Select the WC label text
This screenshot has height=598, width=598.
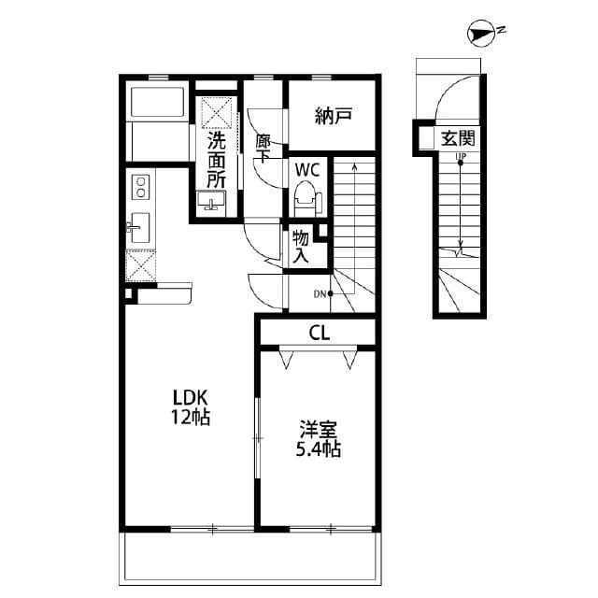(x=308, y=170)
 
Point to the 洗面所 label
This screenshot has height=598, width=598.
(x=217, y=159)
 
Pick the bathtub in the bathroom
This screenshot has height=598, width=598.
(x=158, y=102)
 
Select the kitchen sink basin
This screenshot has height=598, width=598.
(x=140, y=227)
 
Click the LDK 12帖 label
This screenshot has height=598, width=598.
(x=190, y=407)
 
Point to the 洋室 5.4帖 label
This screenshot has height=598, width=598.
(x=319, y=439)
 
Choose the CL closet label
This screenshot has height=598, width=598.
(x=318, y=332)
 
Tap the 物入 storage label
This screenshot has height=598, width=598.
(x=301, y=246)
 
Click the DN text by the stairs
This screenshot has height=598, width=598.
(x=320, y=295)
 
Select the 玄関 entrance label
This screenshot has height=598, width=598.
(x=458, y=139)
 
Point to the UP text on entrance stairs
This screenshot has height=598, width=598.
(x=460, y=157)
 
